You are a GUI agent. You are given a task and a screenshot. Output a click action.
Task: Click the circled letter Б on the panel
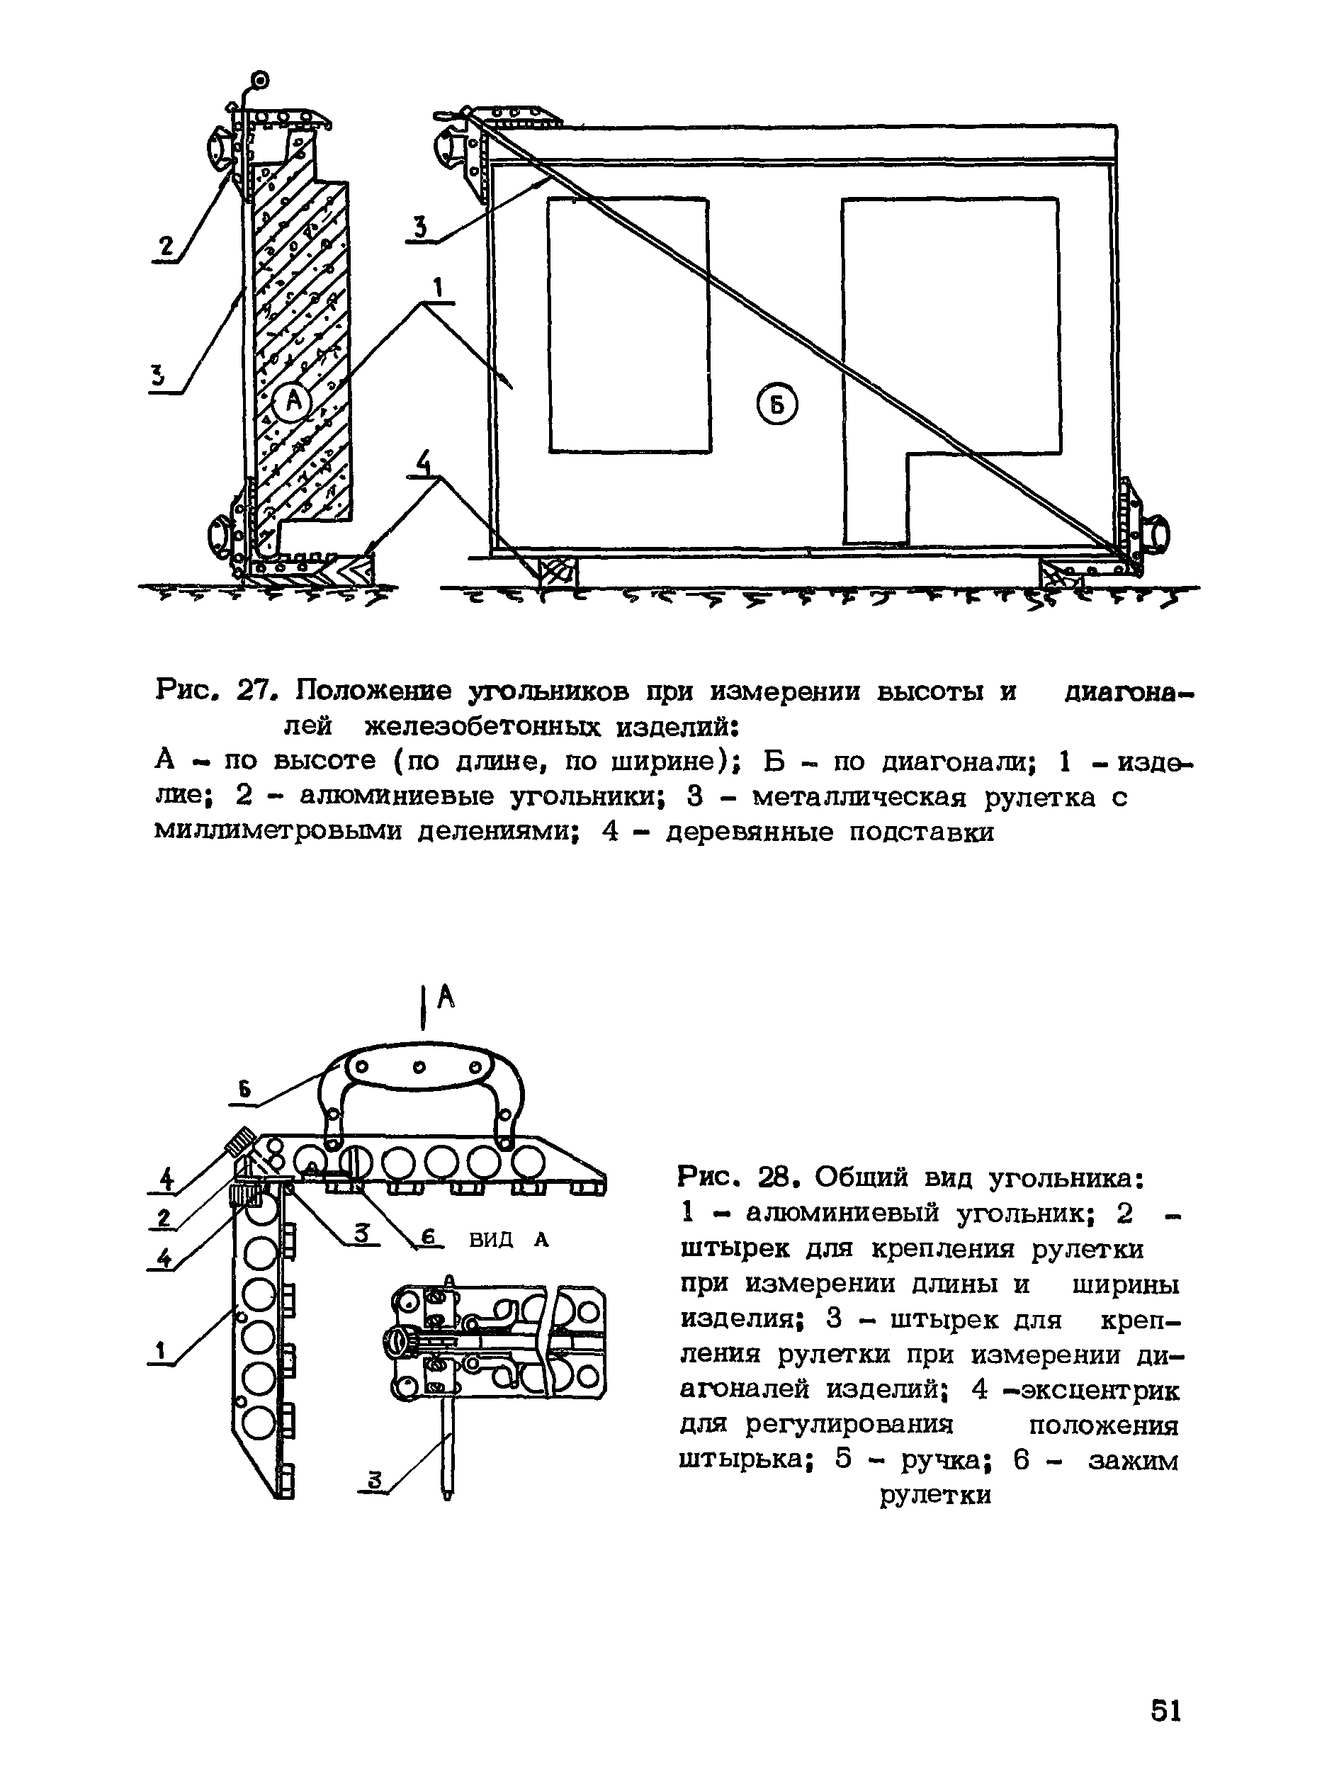coord(776,407)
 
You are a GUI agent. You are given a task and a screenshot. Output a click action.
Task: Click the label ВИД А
coord(509,1240)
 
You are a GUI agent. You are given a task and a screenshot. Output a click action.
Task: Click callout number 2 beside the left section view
coord(166,247)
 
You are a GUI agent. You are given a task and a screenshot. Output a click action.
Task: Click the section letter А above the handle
coord(446,996)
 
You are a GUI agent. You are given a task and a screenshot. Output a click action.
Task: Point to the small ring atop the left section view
coord(260,80)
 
